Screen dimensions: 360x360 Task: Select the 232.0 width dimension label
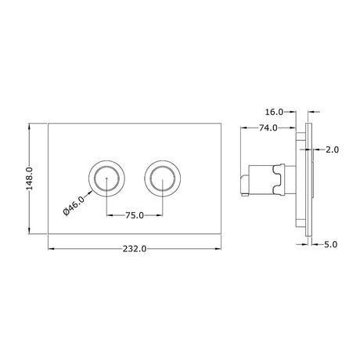coord(135,249)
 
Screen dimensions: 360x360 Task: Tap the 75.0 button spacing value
coord(135,214)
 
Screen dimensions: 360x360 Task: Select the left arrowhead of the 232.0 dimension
coord(51,249)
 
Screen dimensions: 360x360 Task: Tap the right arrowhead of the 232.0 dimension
coord(220,249)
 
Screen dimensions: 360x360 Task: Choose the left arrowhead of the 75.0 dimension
coord(107,214)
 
